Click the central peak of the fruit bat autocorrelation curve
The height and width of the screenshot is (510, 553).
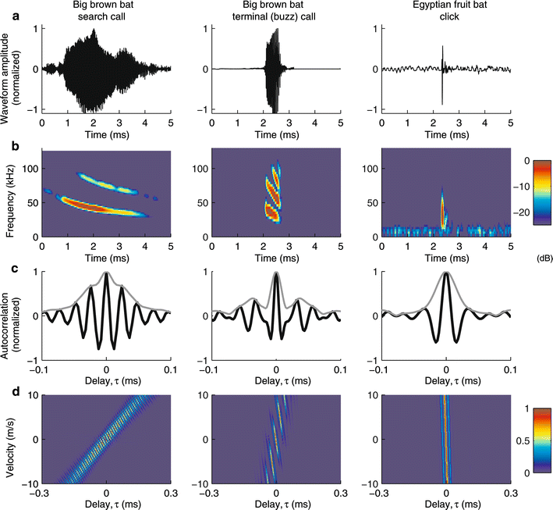click(x=445, y=273)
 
